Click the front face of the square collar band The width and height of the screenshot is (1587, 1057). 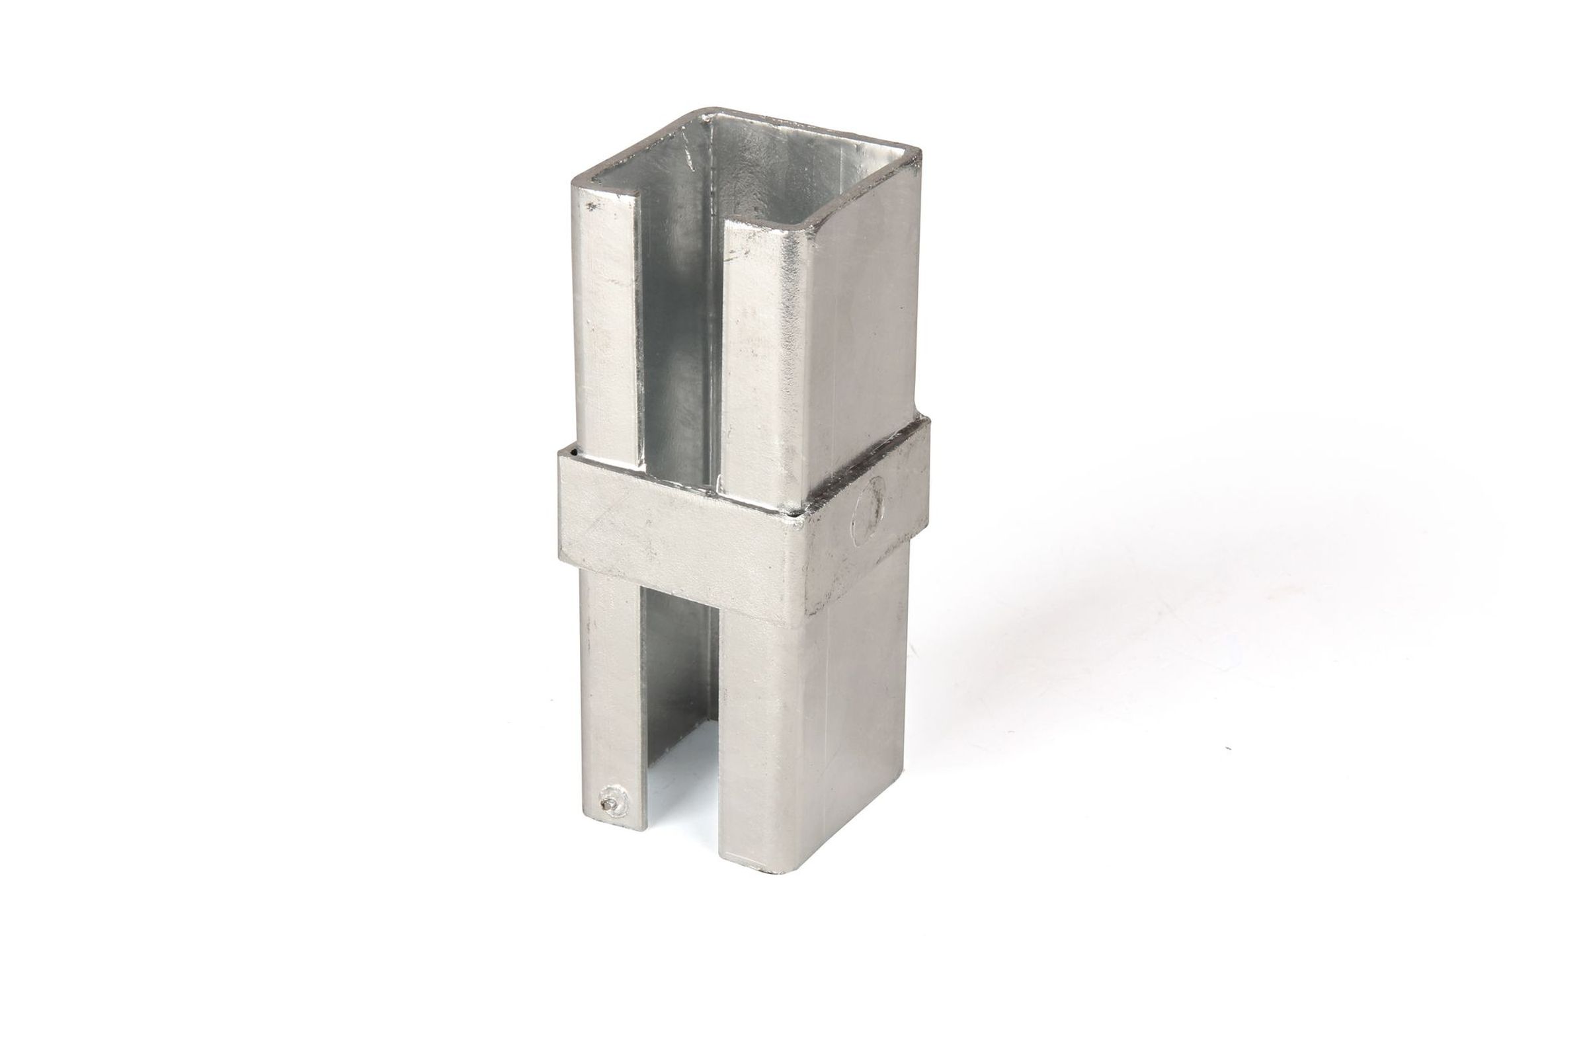click(674, 539)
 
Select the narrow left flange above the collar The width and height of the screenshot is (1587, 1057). click(605, 323)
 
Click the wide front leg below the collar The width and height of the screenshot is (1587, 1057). click(755, 742)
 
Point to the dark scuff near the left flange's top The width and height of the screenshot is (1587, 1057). click(591, 207)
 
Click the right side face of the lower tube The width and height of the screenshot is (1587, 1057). click(856, 708)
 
